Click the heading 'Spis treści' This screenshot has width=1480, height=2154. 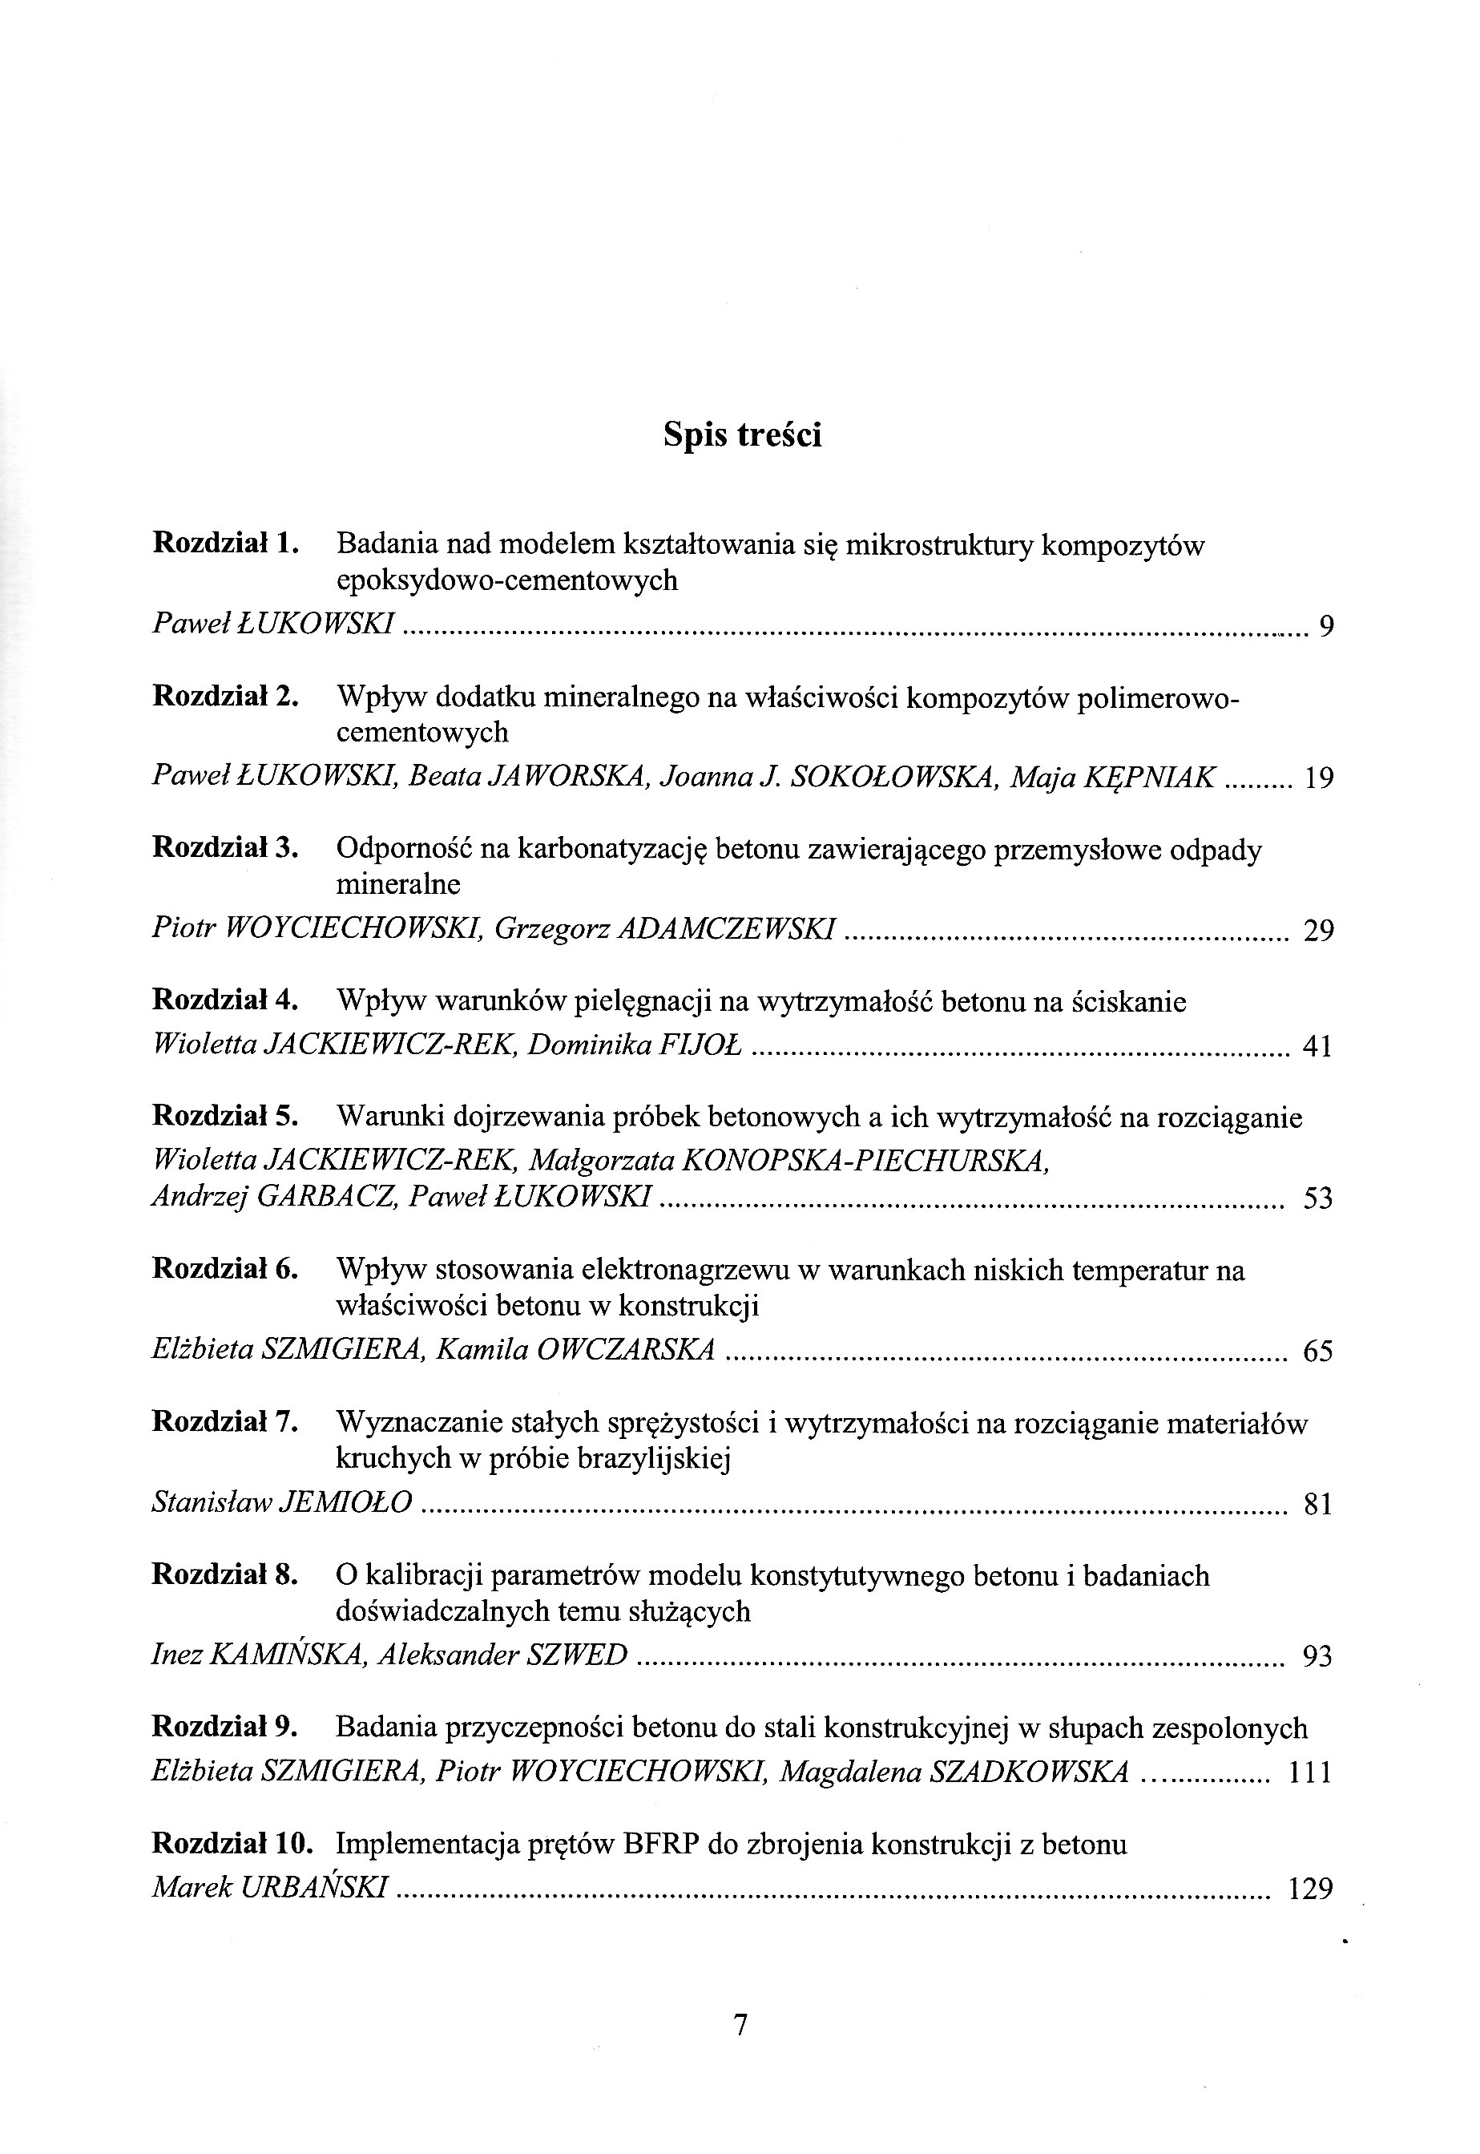click(742, 435)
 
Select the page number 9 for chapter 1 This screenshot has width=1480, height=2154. click(1326, 627)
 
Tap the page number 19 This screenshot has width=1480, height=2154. click(1317, 778)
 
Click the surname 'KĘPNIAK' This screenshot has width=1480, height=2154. click(1151, 778)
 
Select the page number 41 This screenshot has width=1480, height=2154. click(1317, 1047)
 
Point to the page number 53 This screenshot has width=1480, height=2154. click(1317, 1198)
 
